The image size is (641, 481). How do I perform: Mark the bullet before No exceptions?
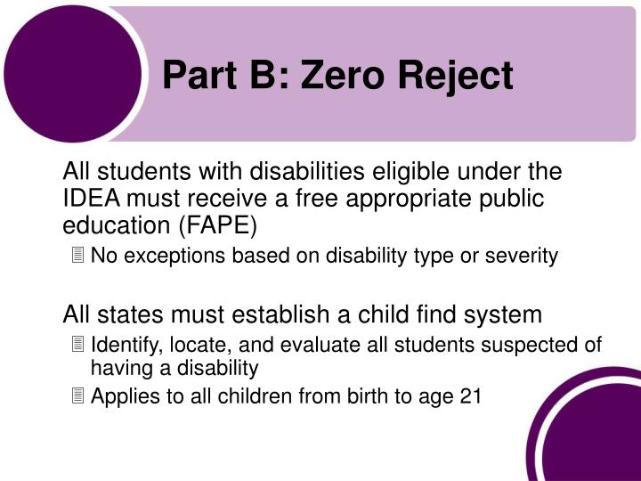click(78, 257)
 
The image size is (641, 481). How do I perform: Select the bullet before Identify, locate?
click(78, 345)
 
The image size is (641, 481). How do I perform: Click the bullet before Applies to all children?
click(78, 396)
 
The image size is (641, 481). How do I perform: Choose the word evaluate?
click(328, 345)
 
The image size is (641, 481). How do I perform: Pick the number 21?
click(470, 396)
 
